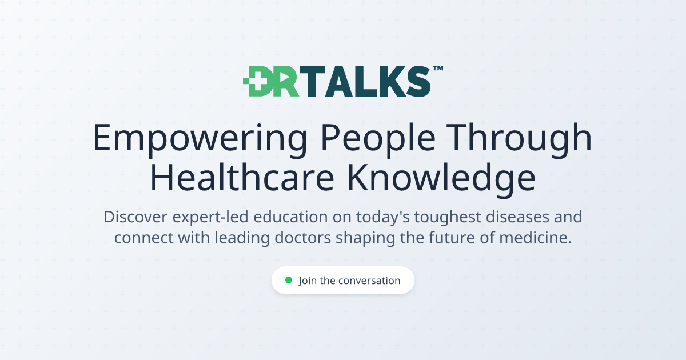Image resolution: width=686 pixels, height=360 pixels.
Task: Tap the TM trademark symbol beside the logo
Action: (438, 68)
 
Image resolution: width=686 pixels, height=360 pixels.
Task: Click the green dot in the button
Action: (289, 280)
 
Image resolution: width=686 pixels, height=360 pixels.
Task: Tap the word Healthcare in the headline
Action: (242, 178)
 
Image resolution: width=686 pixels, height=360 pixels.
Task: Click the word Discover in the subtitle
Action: (135, 217)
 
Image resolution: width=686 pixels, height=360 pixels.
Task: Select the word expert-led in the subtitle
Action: (210, 217)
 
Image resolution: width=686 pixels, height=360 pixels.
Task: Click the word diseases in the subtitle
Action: (517, 217)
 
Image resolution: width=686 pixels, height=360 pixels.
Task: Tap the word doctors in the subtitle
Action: (302, 238)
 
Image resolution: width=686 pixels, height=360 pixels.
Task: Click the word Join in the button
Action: (308, 281)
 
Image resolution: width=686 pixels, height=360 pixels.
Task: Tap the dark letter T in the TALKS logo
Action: (312, 81)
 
